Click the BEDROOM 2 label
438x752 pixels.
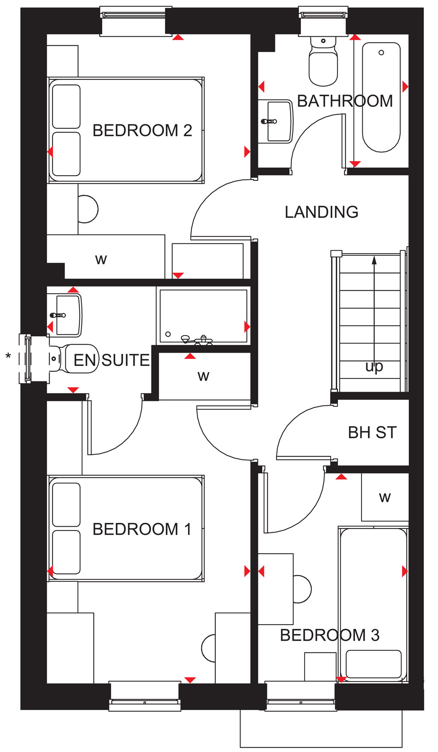click(x=142, y=130)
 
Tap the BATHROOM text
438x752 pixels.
click(x=345, y=101)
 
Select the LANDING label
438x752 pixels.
click(x=322, y=212)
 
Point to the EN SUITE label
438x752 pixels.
click(x=112, y=360)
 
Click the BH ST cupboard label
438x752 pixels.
click(x=372, y=433)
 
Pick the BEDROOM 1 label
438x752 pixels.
click(x=142, y=529)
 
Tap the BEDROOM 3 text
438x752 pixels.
click(x=330, y=635)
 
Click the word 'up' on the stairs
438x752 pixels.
click(x=374, y=367)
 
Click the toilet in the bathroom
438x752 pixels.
click(x=323, y=61)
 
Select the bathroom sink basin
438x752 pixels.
click(x=276, y=121)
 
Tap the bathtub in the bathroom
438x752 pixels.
click(x=381, y=97)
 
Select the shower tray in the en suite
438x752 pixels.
click(x=203, y=316)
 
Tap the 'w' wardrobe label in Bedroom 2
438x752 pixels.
click(x=101, y=260)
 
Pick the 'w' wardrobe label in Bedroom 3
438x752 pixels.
click(x=385, y=497)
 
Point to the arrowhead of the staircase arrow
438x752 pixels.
click(x=374, y=260)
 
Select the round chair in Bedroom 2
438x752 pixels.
click(x=88, y=209)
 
